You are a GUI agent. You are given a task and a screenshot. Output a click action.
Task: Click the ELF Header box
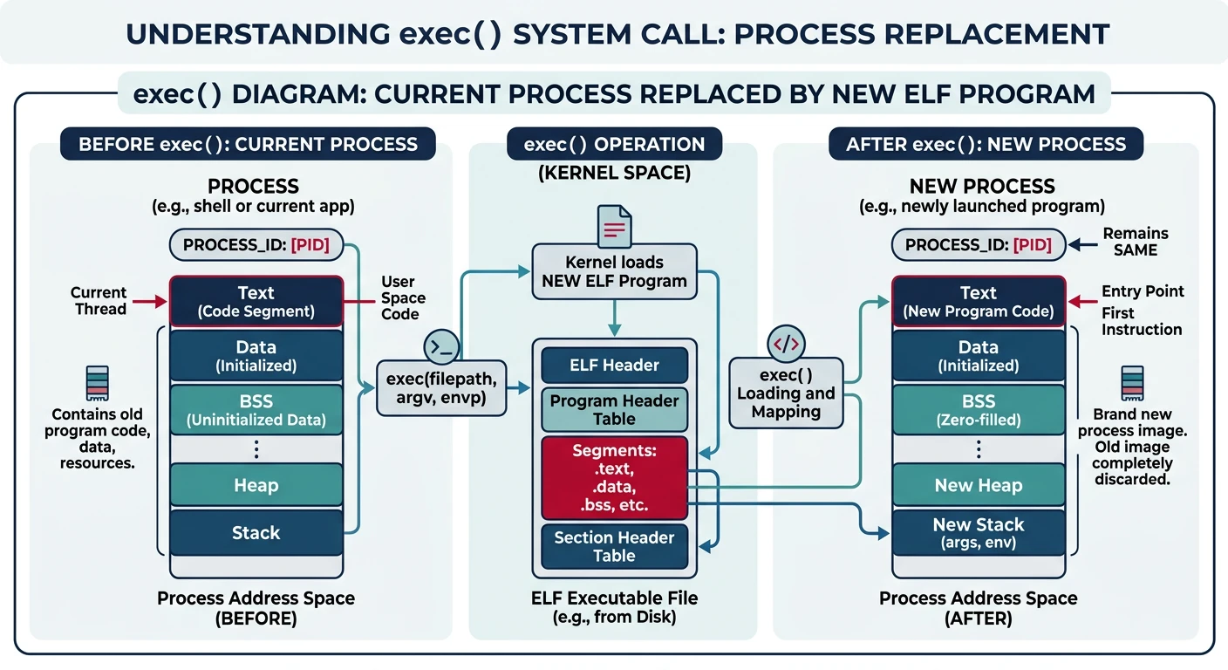coord(614,366)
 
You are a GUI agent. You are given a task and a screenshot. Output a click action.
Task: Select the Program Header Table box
coord(614,410)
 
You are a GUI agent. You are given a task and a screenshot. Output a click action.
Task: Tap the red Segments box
coord(614,478)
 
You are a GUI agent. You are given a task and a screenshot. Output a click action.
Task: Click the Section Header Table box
coord(614,546)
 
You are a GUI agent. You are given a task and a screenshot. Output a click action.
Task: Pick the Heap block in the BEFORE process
coord(256,485)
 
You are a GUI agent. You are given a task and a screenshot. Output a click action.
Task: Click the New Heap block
coord(978,485)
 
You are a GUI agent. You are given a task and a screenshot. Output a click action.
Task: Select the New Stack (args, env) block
coord(978,533)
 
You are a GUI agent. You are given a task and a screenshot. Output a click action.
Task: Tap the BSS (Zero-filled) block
coord(978,410)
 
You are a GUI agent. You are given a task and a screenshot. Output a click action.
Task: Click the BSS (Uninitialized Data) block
coord(256,410)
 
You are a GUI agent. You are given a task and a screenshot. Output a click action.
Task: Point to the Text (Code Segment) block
coord(256,301)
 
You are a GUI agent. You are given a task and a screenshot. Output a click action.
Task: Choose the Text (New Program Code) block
coord(978,301)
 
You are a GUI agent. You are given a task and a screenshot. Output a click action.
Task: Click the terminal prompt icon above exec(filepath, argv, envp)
coord(441,346)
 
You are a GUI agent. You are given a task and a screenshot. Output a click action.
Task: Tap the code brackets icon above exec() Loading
coord(786,344)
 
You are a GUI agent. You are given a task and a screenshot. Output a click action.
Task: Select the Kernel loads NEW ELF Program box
coord(614,271)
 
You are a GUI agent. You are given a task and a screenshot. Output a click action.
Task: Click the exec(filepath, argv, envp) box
coord(441,389)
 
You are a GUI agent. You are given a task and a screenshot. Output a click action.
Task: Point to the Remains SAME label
coord(1135,242)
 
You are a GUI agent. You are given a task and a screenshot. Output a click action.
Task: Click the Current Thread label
coord(99,301)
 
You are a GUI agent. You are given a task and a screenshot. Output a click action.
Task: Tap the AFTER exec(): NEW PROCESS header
coord(986,144)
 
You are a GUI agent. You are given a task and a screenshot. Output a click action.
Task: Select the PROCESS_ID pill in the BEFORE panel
coord(256,245)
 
